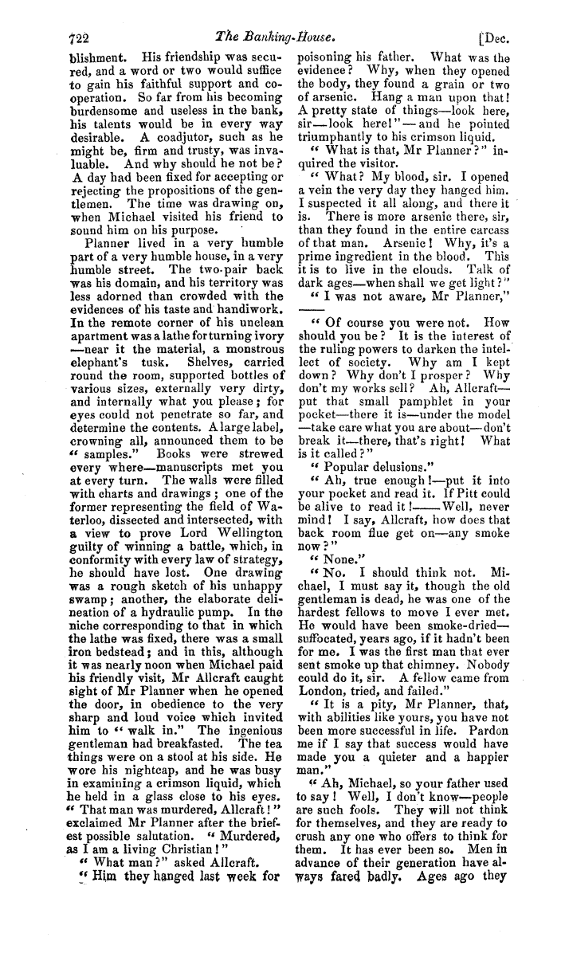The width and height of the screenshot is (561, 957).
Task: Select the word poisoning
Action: click(x=325, y=58)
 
